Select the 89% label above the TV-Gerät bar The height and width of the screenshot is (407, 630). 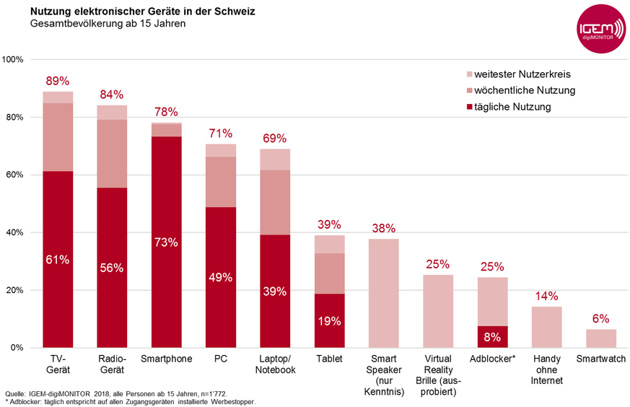pos(58,81)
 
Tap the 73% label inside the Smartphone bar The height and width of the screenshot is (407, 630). pos(166,242)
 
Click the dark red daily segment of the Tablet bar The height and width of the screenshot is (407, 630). pos(329,321)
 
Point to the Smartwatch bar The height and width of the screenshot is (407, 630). pos(601,338)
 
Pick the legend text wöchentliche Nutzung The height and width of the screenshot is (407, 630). pos(525,90)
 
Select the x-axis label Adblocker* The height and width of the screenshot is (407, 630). pos(492,358)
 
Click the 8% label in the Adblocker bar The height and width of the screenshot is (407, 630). pos(492,336)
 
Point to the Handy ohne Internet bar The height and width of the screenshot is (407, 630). pos(547,327)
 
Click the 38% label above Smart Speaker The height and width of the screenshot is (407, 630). pos(384,228)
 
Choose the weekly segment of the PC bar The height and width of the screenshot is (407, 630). pos(220,182)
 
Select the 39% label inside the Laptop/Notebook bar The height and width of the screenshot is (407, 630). pos(275,291)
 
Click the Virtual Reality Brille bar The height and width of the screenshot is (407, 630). pos(438,311)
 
